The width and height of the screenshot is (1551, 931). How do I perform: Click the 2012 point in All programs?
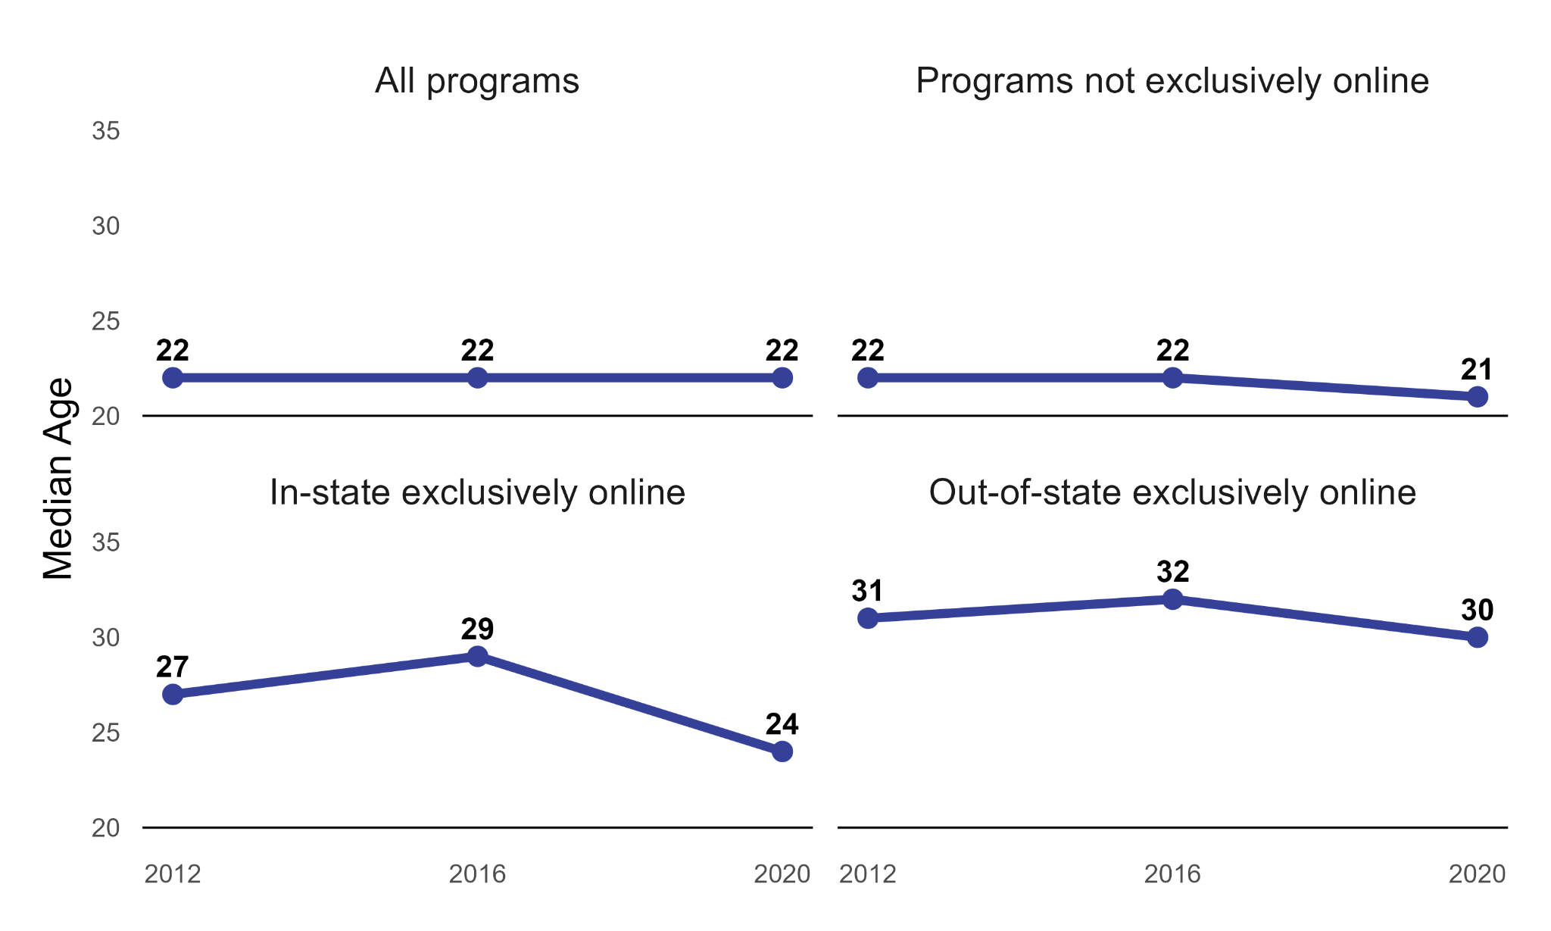[173, 377]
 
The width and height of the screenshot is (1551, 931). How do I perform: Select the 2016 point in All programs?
[477, 377]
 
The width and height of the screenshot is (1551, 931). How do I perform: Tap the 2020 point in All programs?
[782, 377]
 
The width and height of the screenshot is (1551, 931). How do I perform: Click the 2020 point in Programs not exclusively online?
[1477, 396]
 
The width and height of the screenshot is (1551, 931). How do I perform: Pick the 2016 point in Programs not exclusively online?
[1172, 377]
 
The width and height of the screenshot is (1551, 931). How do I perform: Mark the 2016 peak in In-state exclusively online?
[477, 656]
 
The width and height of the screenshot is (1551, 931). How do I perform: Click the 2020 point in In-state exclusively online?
[782, 751]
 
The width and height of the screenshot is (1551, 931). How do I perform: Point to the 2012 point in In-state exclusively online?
[173, 694]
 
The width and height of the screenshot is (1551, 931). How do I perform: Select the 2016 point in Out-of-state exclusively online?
[1172, 599]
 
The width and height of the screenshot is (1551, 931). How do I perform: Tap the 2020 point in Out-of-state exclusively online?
[1477, 637]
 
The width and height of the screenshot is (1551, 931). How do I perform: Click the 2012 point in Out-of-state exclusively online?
[868, 618]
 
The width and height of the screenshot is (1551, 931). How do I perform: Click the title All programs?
[477, 81]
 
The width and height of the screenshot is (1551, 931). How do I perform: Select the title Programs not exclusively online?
[1172, 81]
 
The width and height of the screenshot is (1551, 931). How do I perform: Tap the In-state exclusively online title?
[477, 492]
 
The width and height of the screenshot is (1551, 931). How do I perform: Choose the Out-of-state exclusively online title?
[1172, 492]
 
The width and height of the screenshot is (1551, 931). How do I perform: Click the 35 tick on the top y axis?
[106, 131]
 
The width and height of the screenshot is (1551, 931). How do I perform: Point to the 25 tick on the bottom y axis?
[106, 733]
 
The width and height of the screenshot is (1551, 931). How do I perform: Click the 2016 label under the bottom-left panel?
[477, 874]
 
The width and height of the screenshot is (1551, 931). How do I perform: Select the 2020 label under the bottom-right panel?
[1477, 874]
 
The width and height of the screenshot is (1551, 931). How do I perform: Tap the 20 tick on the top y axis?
[106, 416]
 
